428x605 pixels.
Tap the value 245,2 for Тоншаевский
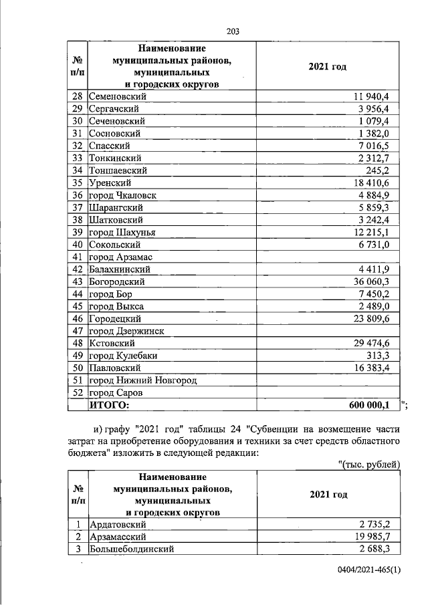coord(385,170)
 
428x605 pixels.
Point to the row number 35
coord(77,183)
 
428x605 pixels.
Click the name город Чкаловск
coord(122,195)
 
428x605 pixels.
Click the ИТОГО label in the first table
coord(109,405)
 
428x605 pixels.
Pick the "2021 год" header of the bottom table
coord(328,495)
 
